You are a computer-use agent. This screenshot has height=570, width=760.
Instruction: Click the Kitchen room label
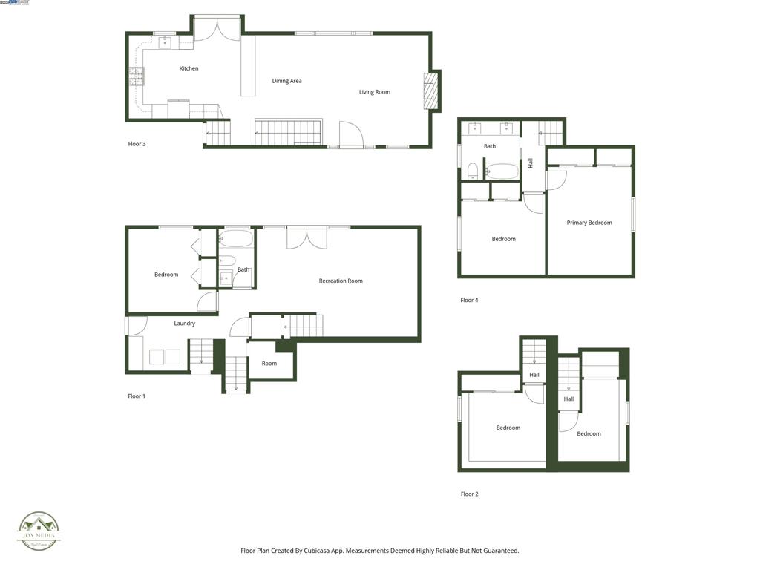pos(189,68)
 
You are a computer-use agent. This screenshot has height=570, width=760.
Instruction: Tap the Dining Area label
pos(286,81)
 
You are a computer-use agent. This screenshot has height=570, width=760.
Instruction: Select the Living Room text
pos(374,92)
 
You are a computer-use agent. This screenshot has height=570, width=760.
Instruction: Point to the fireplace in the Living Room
pos(430,91)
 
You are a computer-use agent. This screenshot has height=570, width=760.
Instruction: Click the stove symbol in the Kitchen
pos(137,76)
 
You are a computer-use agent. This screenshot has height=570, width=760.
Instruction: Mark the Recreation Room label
pos(341,281)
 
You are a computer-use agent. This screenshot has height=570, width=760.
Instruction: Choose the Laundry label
pos(185,324)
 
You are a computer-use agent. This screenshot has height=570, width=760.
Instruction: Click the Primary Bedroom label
pos(589,223)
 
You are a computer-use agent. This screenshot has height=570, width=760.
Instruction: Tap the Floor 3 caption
pos(137,144)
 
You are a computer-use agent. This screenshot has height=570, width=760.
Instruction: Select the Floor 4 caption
pos(469,301)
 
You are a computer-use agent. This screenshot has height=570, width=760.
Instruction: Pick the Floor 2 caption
pos(469,494)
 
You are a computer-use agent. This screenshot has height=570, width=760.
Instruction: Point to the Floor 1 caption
pos(137,396)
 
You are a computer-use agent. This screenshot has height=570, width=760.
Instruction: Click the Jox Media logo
pos(39,531)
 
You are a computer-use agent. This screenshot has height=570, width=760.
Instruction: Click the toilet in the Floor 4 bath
pos(472,172)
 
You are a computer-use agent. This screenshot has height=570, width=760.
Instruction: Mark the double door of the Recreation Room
pos(307,237)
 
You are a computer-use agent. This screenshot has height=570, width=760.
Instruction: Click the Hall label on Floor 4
pos(531,163)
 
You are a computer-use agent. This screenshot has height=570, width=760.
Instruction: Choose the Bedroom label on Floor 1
pos(166,275)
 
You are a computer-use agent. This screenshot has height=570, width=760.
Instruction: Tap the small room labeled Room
pos(269,364)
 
